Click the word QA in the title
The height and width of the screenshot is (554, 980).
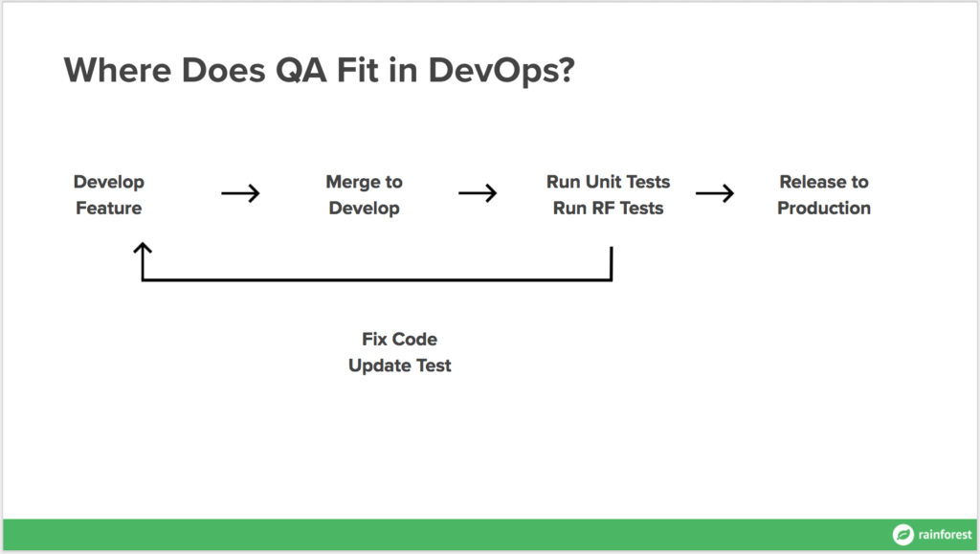[301, 70]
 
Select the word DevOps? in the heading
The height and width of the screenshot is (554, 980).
[501, 71]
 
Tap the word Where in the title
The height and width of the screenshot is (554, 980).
[118, 70]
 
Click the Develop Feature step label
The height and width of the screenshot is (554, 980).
[109, 195]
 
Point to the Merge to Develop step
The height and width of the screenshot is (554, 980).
[365, 195]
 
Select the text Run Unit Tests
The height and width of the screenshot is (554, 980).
[608, 182]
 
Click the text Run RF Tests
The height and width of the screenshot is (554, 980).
[608, 208]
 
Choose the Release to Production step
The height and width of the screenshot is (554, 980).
[824, 195]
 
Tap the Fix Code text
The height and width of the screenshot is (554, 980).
[399, 339]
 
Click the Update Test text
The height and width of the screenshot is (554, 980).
[399, 366]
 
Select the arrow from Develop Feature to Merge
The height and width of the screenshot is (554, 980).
[240, 193]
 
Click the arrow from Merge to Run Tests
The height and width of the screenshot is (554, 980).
[478, 193]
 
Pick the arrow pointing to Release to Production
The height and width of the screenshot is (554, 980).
[715, 193]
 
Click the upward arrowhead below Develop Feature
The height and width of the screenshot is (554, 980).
[143, 248]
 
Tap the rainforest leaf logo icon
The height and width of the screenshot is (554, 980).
[902, 535]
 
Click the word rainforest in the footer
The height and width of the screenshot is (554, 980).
[945, 535]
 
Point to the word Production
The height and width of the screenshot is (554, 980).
[824, 208]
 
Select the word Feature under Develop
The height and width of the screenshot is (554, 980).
[109, 208]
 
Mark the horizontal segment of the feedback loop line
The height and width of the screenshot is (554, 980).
[377, 279]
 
